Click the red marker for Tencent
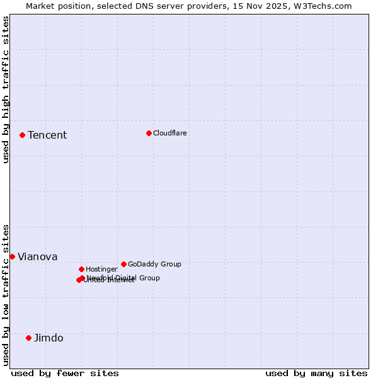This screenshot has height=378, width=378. tap(22, 135)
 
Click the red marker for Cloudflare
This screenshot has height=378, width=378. tap(149, 133)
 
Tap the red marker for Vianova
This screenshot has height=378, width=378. tap(12, 256)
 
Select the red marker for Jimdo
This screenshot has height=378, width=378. tap(28, 338)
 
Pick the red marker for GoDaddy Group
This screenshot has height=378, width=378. tap(123, 264)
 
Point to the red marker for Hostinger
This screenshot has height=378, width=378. tap(81, 269)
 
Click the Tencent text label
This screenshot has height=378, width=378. tap(47, 135)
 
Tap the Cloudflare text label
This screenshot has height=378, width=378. tap(170, 134)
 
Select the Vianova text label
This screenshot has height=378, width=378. tap(37, 257)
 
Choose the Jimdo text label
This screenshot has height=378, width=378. tap(49, 338)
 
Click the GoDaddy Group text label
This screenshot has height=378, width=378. tap(154, 265)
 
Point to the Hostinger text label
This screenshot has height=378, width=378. tap(101, 270)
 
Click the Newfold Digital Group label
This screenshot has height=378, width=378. tap(123, 278)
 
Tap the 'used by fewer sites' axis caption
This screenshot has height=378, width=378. tap(65, 373)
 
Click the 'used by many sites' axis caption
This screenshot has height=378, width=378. tap(316, 373)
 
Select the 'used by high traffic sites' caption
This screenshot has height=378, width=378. tap(6, 89)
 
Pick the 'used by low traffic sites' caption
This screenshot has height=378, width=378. tap(6, 295)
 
